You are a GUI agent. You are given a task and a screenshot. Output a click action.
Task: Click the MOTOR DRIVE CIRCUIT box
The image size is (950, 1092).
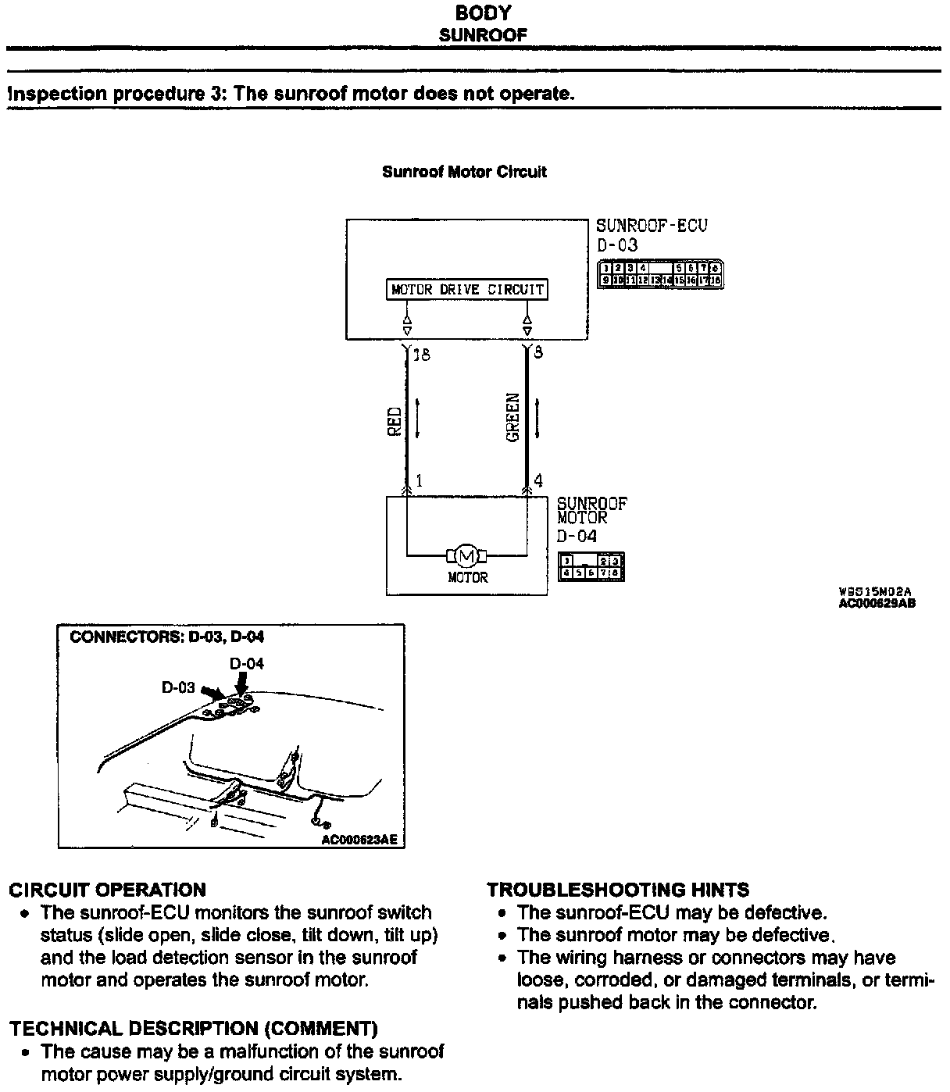pyautogui.click(x=466, y=290)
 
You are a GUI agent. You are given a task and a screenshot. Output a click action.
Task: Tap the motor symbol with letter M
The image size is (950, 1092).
pyautogui.click(x=466, y=556)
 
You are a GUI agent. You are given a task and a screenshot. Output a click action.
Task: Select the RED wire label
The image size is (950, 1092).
pyautogui.click(x=395, y=421)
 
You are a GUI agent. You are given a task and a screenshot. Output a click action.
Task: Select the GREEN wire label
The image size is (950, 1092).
pyautogui.click(x=513, y=418)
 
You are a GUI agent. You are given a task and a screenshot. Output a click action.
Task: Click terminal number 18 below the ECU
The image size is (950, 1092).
pyautogui.click(x=421, y=355)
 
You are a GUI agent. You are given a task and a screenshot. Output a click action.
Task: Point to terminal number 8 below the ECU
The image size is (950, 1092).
pyautogui.click(x=538, y=353)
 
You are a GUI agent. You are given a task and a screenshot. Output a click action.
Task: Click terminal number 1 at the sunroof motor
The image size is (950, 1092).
pyautogui.click(x=419, y=481)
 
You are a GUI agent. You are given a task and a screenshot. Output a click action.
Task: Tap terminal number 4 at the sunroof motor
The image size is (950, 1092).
pyautogui.click(x=538, y=481)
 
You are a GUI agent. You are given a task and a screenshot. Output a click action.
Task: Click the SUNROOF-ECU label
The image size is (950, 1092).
pyautogui.click(x=652, y=226)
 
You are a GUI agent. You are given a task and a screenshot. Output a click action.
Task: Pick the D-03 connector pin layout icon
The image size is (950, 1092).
pyautogui.click(x=660, y=274)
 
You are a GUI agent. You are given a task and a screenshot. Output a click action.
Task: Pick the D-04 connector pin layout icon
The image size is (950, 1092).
pyautogui.click(x=591, y=567)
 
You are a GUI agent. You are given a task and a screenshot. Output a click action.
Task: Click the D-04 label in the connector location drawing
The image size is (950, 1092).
pyautogui.click(x=247, y=664)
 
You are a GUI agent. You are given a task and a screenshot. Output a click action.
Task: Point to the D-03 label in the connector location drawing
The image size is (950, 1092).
pyautogui.click(x=178, y=687)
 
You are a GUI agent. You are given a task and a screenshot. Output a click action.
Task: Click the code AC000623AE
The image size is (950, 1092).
pyautogui.click(x=359, y=840)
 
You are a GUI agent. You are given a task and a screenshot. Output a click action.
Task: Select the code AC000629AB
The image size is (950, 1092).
pyautogui.click(x=877, y=603)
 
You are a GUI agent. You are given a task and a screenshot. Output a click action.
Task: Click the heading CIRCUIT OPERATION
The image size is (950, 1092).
pyautogui.click(x=108, y=890)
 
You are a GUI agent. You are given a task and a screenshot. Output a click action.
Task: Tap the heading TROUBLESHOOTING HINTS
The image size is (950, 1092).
pyautogui.click(x=618, y=890)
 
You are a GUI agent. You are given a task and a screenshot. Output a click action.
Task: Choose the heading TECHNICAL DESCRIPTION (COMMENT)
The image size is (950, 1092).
pyautogui.click(x=193, y=1029)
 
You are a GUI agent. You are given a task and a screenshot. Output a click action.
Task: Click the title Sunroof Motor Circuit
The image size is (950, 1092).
pyautogui.click(x=464, y=172)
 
